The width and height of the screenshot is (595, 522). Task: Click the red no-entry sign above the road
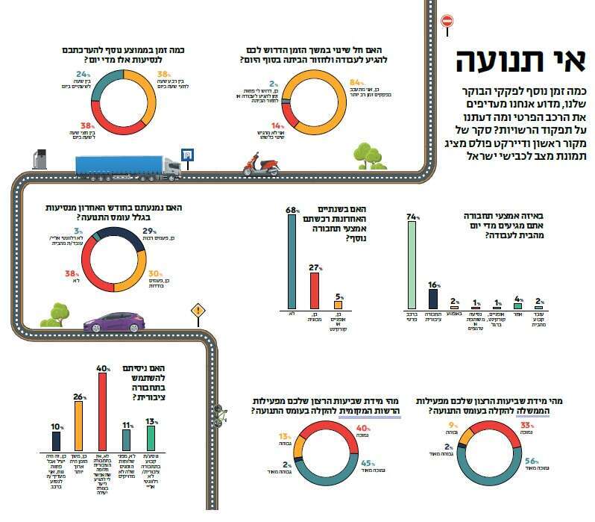coord(447,21)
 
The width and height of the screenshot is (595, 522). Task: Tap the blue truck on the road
coord(127,167)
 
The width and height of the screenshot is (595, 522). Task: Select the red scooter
coord(260,164)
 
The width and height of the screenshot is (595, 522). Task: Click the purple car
coord(113,322)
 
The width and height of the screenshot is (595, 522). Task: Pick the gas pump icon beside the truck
coord(40,158)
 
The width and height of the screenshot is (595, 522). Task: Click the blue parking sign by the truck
coord(186,155)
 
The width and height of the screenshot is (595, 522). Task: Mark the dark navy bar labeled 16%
coord(432,298)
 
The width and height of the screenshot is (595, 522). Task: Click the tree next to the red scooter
coord(365,156)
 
